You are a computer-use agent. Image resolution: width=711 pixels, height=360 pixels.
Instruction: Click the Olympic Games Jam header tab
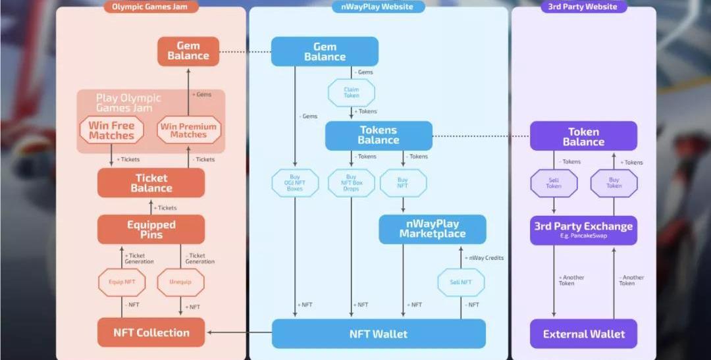tap(150, 7)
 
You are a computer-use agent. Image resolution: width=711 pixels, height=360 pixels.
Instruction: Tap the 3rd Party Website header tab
tap(583, 7)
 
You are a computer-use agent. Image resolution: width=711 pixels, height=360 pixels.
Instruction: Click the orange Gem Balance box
tap(188, 51)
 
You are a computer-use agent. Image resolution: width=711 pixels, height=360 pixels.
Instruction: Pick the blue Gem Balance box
tap(325, 51)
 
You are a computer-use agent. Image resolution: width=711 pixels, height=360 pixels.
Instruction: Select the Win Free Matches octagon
tap(111, 130)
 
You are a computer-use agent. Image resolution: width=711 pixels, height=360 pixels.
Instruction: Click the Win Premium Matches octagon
tap(188, 130)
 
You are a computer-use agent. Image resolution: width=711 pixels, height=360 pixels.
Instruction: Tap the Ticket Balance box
tap(151, 183)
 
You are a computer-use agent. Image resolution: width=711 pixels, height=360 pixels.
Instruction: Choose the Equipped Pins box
tap(151, 230)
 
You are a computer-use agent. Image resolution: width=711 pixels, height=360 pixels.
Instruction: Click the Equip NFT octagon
tap(122, 282)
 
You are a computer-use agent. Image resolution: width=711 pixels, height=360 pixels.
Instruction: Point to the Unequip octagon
tap(180, 282)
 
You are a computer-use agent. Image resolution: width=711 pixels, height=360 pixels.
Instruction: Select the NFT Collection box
tap(151, 332)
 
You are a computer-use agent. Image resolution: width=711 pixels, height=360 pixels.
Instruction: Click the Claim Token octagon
tap(352, 93)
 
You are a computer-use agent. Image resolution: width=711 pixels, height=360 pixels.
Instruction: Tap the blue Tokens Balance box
tap(379, 136)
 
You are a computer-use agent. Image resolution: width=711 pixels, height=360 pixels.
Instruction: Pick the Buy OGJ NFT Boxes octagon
tap(295, 183)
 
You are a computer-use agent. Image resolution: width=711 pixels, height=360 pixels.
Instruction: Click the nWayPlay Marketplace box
tap(432, 229)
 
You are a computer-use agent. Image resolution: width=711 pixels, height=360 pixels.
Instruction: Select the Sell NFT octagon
tap(461, 282)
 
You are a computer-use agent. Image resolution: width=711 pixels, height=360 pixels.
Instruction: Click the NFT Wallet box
tap(379, 334)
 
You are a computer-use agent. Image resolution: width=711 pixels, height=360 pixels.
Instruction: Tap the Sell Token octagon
tap(554, 183)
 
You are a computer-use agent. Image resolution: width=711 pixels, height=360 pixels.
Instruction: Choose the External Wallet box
tap(583, 334)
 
